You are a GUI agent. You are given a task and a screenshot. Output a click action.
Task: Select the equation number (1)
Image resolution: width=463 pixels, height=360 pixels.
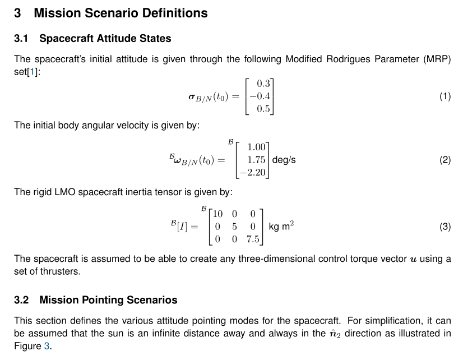click(x=445, y=96)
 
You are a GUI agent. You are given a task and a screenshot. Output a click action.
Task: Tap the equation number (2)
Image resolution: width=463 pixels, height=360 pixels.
click(x=445, y=160)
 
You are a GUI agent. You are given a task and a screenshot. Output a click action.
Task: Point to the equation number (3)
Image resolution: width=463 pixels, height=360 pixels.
click(x=445, y=227)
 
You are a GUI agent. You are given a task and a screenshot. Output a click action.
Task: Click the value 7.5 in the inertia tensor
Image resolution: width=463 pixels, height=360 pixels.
click(x=253, y=239)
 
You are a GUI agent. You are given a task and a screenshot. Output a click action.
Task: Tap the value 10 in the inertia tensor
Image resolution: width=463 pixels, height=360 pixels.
click(x=217, y=214)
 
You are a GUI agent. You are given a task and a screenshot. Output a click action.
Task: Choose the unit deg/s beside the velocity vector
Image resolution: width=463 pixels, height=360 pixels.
click(x=284, y=160)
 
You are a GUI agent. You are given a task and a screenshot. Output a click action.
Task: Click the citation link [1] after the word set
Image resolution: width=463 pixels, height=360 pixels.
click(x=32, y=71)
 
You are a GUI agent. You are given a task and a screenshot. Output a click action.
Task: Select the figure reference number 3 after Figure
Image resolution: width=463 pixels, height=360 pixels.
click(x=47, y=346)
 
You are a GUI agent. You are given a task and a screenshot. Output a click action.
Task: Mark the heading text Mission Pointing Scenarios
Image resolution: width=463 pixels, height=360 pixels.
click(x=108, y=300)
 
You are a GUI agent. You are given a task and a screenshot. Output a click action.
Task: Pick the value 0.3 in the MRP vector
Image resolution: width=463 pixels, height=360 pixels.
click(x=263, y=84)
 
